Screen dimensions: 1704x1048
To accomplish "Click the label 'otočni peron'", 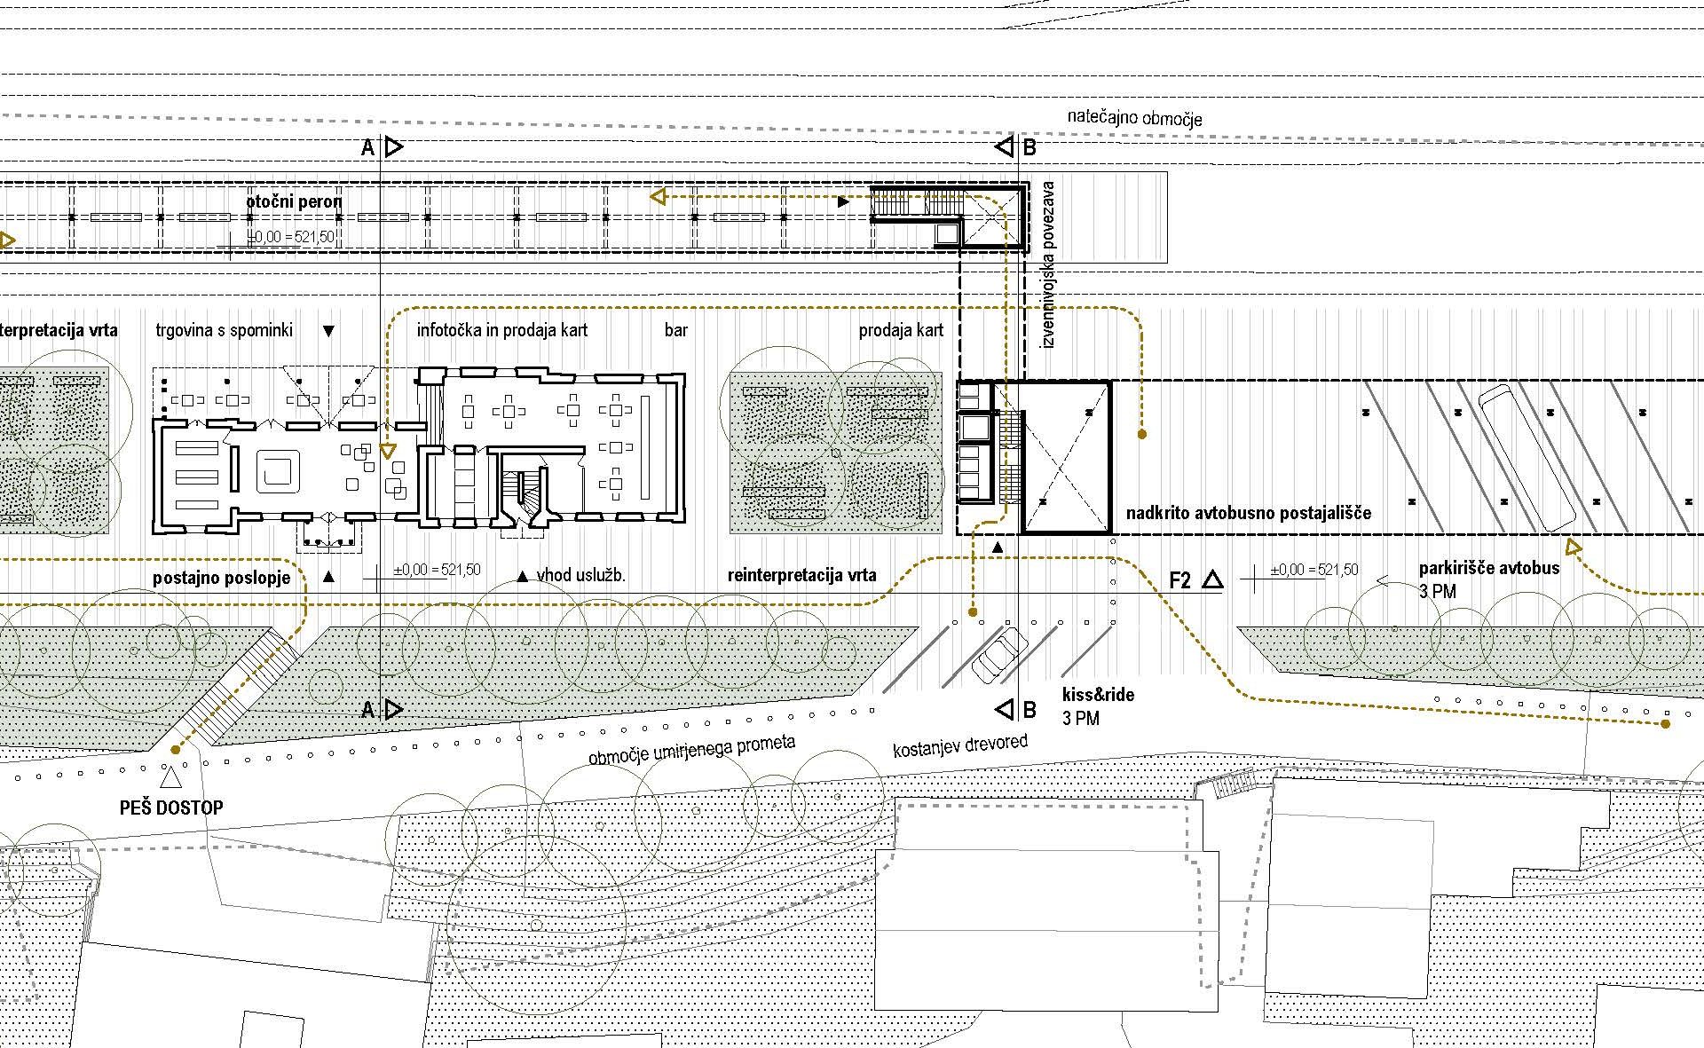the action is pos(294,201).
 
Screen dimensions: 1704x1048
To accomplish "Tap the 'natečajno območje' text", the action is pos(1134,117).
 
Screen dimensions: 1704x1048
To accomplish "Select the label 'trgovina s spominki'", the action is pos(224,331).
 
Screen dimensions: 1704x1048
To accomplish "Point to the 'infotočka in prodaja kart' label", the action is pos(502,331).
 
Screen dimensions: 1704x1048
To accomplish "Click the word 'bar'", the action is pos(676,331).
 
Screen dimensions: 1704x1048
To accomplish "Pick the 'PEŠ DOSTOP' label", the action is pos(171,808).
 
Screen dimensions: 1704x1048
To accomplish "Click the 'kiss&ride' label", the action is pos(1098,695).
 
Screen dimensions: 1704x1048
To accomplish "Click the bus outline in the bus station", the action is pos(1528,458).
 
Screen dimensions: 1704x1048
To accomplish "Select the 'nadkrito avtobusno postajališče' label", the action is pos(1249,513).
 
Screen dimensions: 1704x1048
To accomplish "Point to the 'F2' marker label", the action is pos(1180,581).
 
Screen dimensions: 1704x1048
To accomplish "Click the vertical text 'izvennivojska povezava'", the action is pos(1048,264).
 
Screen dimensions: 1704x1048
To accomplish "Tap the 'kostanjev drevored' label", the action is pos(960,746).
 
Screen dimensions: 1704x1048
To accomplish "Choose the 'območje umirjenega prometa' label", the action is pos(692,749).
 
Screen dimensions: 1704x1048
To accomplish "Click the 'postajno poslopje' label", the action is pos(222,578).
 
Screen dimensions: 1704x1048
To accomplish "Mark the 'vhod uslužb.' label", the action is pos(581,575).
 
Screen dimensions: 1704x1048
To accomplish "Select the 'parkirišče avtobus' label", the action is pos(1489,569).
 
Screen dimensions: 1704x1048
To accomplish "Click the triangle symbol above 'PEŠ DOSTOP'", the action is pos(170,778).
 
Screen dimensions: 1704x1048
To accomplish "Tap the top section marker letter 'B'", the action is pos(1029,147).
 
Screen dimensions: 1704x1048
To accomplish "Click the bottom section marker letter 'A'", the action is pos(367,710).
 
